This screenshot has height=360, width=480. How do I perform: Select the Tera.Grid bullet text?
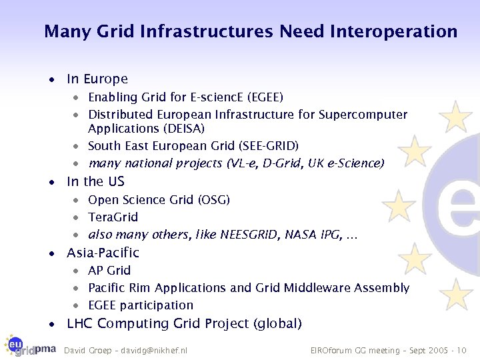[x=113, y=217]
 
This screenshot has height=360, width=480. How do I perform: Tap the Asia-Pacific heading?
[x=103, y=253]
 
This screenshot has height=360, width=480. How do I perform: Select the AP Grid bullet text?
[x=109, y=271]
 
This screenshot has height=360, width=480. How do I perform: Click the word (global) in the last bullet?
[x=277, y=324]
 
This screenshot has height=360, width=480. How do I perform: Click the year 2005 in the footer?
[x=437, y=350]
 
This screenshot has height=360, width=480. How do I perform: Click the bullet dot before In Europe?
[x=51, y=79]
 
